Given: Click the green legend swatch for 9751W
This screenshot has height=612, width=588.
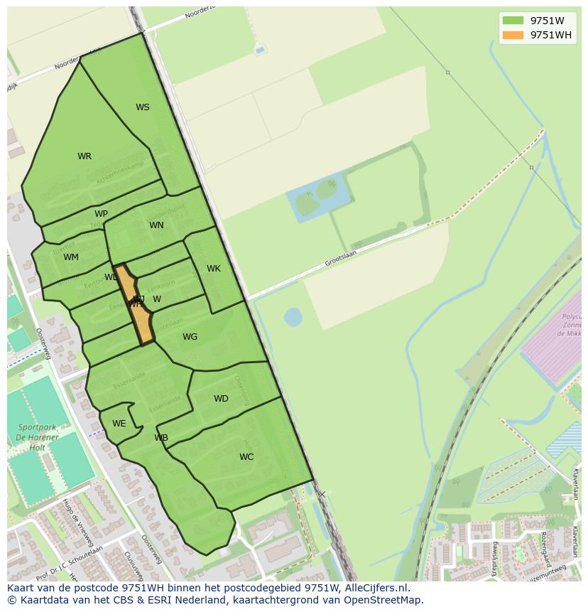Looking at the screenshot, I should click(x=512, y=21).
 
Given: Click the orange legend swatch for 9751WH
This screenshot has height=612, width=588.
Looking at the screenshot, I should click(x=512, y=35).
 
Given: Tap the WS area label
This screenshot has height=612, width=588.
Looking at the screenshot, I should click(x=143, y=107).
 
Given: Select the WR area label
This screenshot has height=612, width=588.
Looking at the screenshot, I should click(x=85, y=156).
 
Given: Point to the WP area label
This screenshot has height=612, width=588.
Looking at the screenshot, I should click(x=101, y=214).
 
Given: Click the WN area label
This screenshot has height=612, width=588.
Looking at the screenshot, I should click(x=156, y=225).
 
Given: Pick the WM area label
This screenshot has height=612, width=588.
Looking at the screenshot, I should click(x=71, y=257).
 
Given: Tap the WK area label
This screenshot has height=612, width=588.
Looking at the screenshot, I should click(x=214, y=269).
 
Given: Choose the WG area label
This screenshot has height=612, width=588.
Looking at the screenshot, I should click(x=190, y=337).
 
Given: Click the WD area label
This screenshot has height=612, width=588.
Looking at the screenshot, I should click(x=221, y=399).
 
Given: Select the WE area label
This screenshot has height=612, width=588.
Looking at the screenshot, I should click(x=119, y=424).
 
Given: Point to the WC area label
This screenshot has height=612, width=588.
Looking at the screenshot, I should click(x=246, y=457).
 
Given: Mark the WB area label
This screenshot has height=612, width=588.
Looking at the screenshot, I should click(x=161, y=438).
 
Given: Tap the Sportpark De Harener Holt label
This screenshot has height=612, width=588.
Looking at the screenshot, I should click(x=38, y=438).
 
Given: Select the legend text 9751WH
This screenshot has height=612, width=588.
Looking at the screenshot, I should click(x=550, y=35).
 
